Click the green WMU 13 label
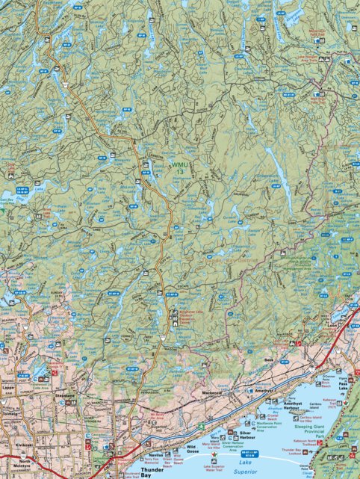point(180,168)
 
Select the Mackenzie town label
point(213,392)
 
